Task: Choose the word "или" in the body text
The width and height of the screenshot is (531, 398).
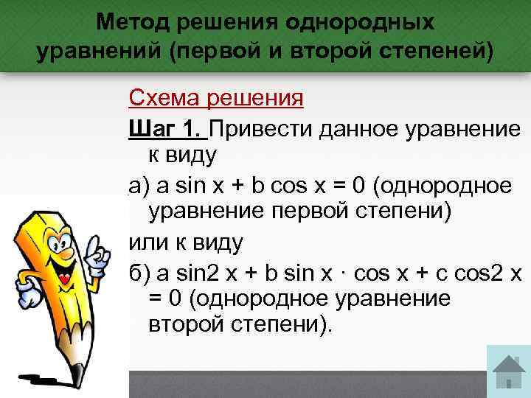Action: coord(147,241)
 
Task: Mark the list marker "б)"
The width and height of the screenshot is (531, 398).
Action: coord(138,272)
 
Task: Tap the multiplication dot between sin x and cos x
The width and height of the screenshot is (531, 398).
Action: coord(344,272)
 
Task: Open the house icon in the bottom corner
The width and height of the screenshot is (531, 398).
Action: coord(508,373)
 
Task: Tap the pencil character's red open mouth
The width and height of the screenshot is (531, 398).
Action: coord(63,279)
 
